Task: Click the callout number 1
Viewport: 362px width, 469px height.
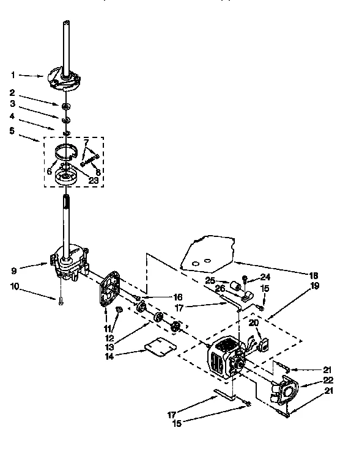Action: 13,75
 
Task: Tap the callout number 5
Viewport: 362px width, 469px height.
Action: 13,130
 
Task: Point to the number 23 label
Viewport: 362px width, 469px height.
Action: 94,180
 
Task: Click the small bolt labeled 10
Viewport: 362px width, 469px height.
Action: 62,299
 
